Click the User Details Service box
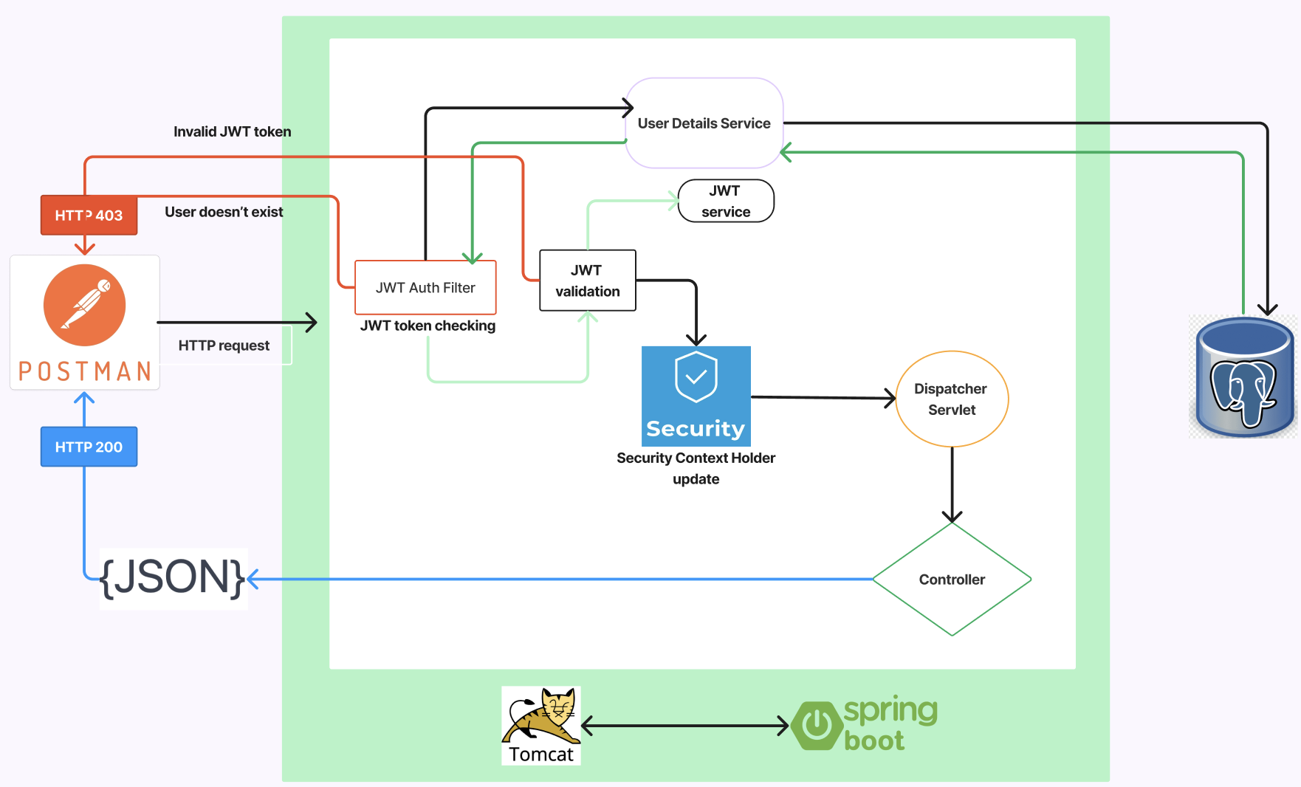[x=704, y=123]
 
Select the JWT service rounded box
[x=725, y=201]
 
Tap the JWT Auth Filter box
[x=425, y=287]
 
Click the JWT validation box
[x=587, y=281]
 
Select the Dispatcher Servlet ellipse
[x=951, y=399]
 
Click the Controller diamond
[x=951, y=580]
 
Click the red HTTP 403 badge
[x=89, y=215]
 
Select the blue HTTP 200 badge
[x=89, y=447]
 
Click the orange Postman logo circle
[x=84, y=305]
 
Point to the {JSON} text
[x=172, y=577]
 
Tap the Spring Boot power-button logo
[x=817, y=725]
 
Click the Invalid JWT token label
[x=232, y=131]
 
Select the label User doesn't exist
[x=224, y=212]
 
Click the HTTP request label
[x=224, y=346]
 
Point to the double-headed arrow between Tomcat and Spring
[x=684, y=726]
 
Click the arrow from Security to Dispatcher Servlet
[x=823, y=398]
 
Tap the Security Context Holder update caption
[x=696, y=468]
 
